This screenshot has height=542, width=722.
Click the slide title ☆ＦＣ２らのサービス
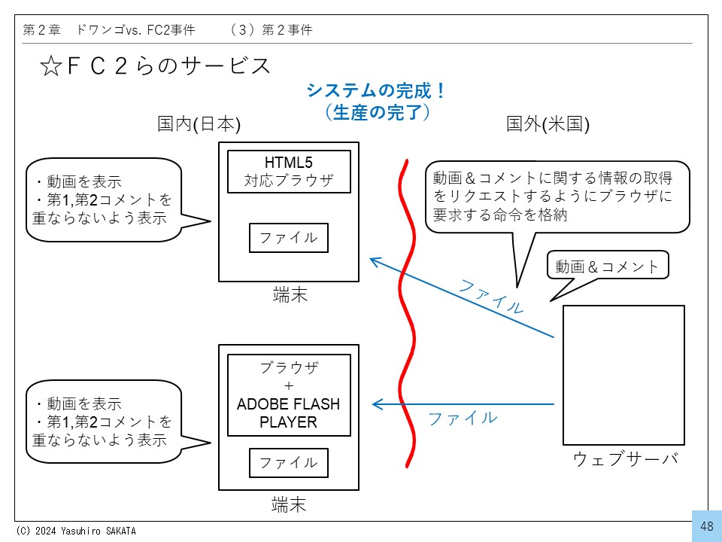click(154, 66)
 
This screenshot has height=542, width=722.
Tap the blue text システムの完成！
click(376, 92)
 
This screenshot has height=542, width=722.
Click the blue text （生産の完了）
click(376, 113)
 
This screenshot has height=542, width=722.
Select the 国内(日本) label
click(199, 125)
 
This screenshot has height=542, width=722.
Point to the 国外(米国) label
click(548, 125)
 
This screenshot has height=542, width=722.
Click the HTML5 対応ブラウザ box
click(289, 172)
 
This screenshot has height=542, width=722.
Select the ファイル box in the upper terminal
click(289, 238)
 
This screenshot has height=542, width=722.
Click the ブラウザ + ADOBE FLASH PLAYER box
click(289, 395)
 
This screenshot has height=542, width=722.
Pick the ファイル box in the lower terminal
click(289, 462)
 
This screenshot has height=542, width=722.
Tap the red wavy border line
click(408, 316)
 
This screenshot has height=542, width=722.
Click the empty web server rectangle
click(623, 375)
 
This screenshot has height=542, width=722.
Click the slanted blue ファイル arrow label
click(491, 297)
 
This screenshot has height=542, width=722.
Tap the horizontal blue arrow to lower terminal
click(463, 405)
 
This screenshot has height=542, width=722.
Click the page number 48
click(707, 526)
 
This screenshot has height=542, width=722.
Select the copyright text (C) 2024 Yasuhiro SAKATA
click(76, 531)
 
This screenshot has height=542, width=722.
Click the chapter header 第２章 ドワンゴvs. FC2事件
click(109, 30)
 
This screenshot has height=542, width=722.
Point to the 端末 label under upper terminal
click(290, 295)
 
